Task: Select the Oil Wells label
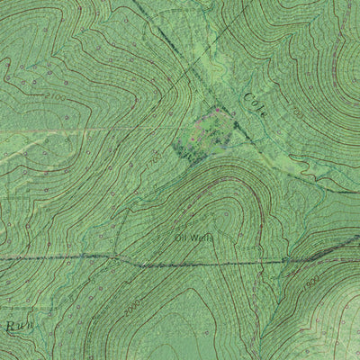[x=193, y=238]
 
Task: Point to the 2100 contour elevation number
[x=55, y=94]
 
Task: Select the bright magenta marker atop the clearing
[x=216, y=109]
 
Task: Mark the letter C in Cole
[x=247, y=94]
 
